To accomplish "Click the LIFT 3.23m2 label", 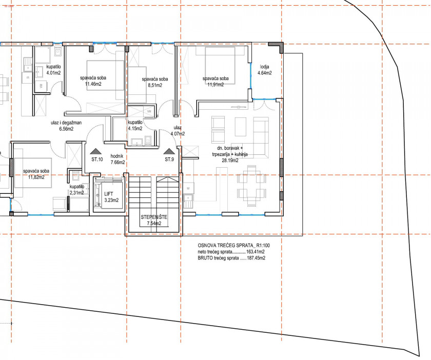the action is pos(112,197).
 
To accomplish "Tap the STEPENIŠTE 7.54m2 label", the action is pos(154,220).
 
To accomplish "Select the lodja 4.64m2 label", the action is pos(264,70).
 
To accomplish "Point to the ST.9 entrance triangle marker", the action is pos(169,151).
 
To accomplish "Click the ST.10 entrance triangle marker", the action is pos(96,151).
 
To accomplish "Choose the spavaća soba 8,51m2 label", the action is pos(155,82).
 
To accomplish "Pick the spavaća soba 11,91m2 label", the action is pos(216,82).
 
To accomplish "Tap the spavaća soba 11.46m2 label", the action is pos(93,81).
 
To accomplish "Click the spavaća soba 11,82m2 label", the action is pos(36,174).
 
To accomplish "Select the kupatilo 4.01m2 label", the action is pos(53,70).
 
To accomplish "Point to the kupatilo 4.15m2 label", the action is pos(135,125).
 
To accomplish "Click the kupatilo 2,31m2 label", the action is pos(76,190).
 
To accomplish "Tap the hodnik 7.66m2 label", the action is pos(117,159).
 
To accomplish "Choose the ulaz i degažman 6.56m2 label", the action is pos(66,126).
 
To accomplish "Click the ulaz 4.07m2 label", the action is pos(178,131).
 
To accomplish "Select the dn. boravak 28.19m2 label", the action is pos(230,154).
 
